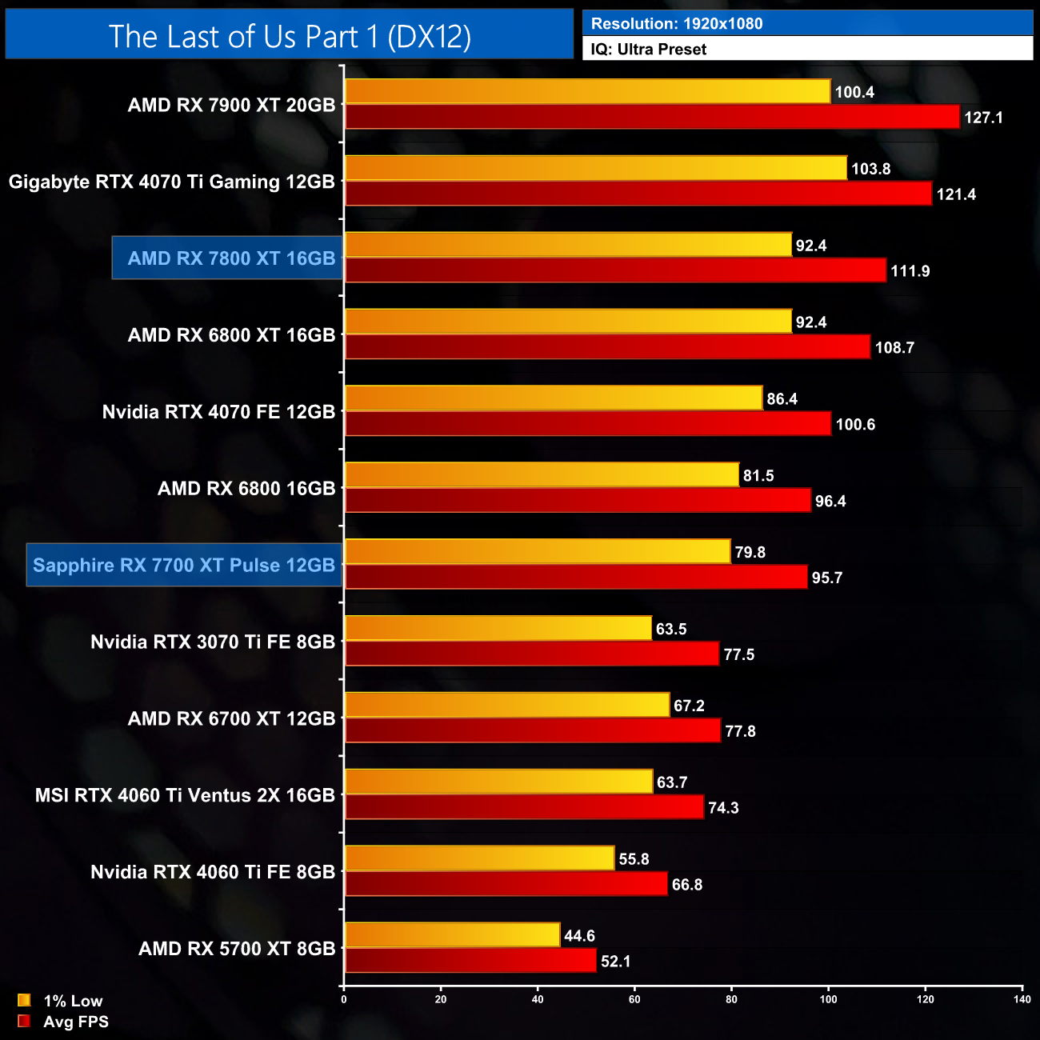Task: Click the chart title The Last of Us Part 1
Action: click(290, 37)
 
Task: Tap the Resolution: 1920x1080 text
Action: click(677, 24)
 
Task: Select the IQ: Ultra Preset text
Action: click(649, 50)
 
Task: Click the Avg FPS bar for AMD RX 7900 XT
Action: click(652, 117)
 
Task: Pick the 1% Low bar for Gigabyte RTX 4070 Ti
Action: click(595, 168)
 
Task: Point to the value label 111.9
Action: click(910, 271)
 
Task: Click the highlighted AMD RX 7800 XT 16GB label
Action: click(231, 258)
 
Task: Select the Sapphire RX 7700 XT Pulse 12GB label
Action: click(184, 566)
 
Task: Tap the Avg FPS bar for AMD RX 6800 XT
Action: click(607, 347)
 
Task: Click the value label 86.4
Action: click(782, 399)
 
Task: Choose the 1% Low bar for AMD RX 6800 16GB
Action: click(542, 475)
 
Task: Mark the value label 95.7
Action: click(827, 578)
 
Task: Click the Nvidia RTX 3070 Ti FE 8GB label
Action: click(213, 642)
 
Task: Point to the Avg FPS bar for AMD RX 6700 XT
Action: click(532, 730)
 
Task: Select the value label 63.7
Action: click(672, 782)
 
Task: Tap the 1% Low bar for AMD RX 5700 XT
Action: click(452, 935)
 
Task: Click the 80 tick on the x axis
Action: click(731, 999)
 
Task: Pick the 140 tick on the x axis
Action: click(1022, 999)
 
